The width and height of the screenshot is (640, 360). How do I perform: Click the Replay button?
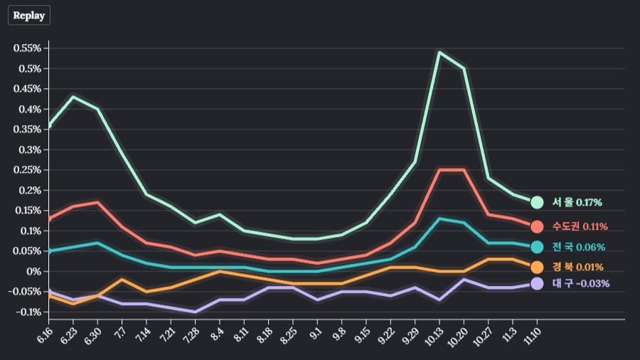(x=29, y=15)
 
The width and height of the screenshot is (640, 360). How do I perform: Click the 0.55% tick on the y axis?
(x=27, y=48)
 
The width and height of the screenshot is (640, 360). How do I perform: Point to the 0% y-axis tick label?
(x=34, y=271)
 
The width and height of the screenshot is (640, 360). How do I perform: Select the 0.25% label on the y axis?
(x=27, y=170)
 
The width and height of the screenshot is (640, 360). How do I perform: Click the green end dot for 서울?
(x=537, y=203)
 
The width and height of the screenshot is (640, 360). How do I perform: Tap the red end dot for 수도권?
(x=537, y=227)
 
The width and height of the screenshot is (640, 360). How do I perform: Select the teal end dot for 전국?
(x=537, y=247)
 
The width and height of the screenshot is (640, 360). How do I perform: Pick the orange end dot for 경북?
(x=537, y=267)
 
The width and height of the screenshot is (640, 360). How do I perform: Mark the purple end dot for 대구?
(x=537, y=283)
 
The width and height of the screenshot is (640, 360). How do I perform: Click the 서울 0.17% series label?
(x=577, y=203)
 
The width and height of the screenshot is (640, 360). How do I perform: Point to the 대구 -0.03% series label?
(x=580, y=283)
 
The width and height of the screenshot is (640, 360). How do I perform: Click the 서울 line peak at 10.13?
(x=439, y=52)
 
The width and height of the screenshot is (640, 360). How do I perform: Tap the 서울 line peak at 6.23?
(x=73, y=97)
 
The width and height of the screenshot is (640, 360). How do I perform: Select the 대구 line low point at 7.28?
(x=195, y=312)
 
